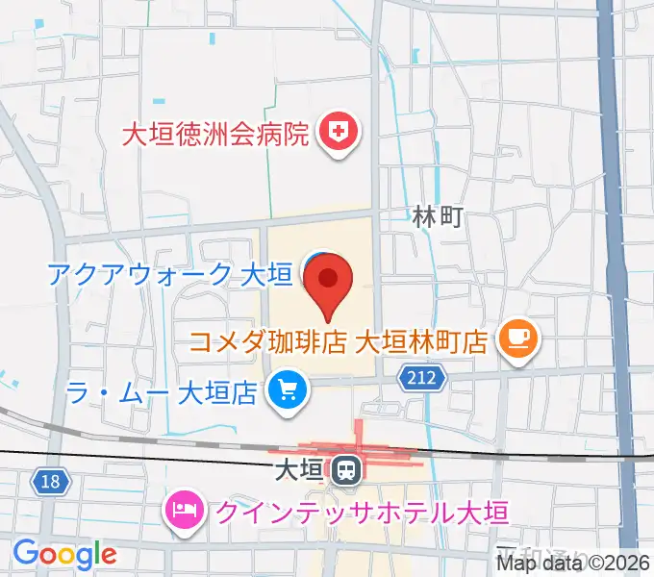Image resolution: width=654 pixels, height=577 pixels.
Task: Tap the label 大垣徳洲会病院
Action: (215, 132)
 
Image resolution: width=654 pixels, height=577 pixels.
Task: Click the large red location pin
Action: (328, 281)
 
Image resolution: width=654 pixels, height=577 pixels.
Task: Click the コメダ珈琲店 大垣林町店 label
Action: (339, 340)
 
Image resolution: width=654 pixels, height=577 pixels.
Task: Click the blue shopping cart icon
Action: (286, 391)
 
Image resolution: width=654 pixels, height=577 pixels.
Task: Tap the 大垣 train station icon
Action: (344, 471)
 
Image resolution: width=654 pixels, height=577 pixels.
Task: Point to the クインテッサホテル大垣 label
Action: (360, 510)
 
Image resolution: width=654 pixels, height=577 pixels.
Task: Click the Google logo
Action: (64, 555)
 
